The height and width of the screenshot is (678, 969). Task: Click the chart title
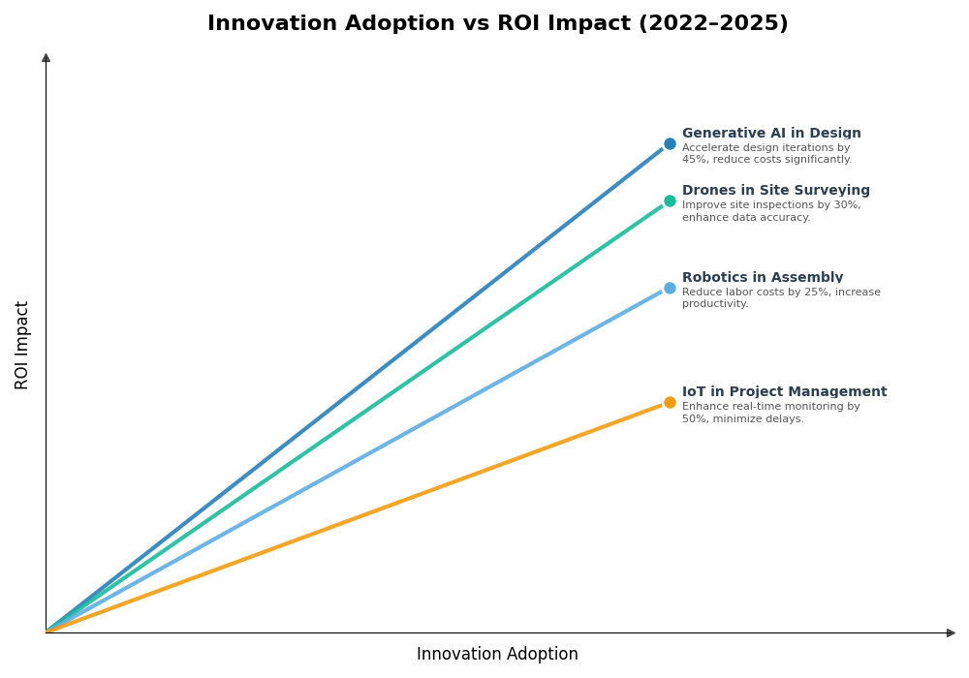click(x=497, y=23)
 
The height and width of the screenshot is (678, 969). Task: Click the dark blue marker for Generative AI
click(x=670, y=144)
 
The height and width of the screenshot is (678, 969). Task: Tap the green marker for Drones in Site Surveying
click(x=670, y=201)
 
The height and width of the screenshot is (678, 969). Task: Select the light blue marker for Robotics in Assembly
click(x=670, y=288)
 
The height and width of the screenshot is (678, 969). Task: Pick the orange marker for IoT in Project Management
click(x=670, y=403)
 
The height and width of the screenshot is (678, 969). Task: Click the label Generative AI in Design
click(x=771, y=134)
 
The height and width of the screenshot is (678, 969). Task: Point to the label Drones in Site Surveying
click(x=775, y=191)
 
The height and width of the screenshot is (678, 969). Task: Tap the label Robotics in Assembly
click(x=763, y=278)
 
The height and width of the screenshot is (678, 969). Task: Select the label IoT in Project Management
click(x=784, y=392)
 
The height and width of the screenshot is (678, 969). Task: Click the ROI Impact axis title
click(x=22, y=345)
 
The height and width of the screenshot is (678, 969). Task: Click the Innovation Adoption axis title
click(x=497, y=655)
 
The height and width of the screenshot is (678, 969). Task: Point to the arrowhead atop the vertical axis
click(x=46, y=58)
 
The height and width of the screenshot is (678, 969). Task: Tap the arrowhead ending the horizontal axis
click(x=952, y=632)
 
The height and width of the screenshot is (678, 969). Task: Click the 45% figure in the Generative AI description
click(x=694, y=160)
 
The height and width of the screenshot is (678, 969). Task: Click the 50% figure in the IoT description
click(x=694, y=419)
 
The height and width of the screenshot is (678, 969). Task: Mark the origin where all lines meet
click(x=47, y=632)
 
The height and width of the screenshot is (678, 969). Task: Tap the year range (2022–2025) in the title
click(x=713, y=23)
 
